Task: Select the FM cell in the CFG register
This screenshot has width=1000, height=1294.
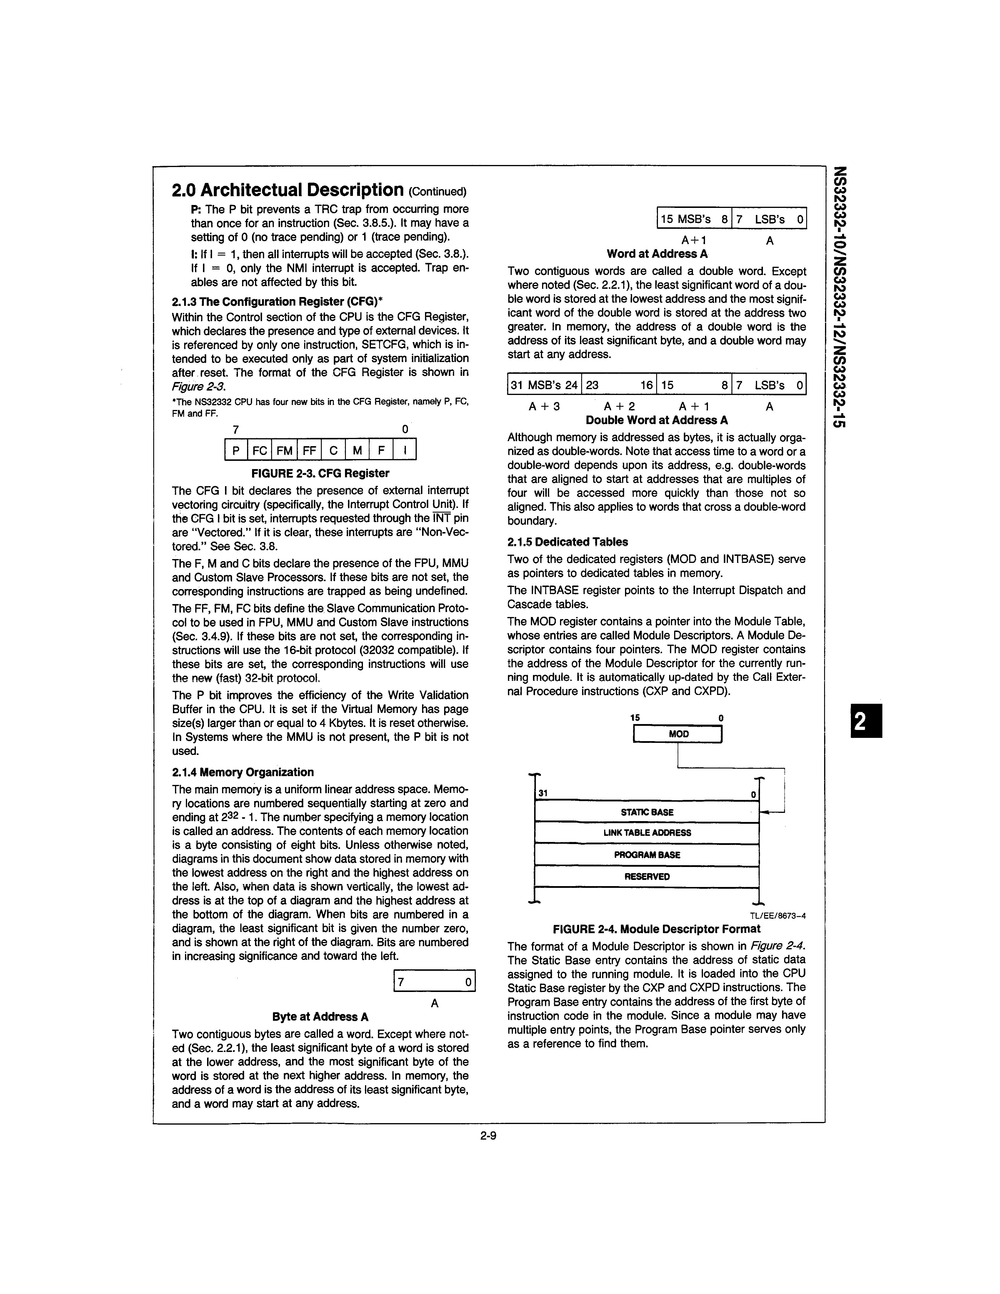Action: coord(284,450)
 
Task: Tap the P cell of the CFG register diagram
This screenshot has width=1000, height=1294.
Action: coord(236,450)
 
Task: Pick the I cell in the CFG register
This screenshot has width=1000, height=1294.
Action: coord(405,450)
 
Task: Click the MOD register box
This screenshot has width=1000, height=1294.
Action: coord(678,734)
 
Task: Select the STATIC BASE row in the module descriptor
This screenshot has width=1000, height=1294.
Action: coord(647,812)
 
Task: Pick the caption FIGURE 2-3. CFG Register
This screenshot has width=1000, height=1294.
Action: coord(321,473)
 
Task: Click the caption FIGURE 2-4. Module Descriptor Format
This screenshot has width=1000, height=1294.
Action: coord(656,929)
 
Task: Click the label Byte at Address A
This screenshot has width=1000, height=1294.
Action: coord(321,1017)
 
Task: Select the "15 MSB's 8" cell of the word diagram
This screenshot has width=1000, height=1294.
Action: coord(694,219)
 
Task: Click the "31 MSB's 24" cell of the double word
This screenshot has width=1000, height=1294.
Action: coord(544,385)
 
